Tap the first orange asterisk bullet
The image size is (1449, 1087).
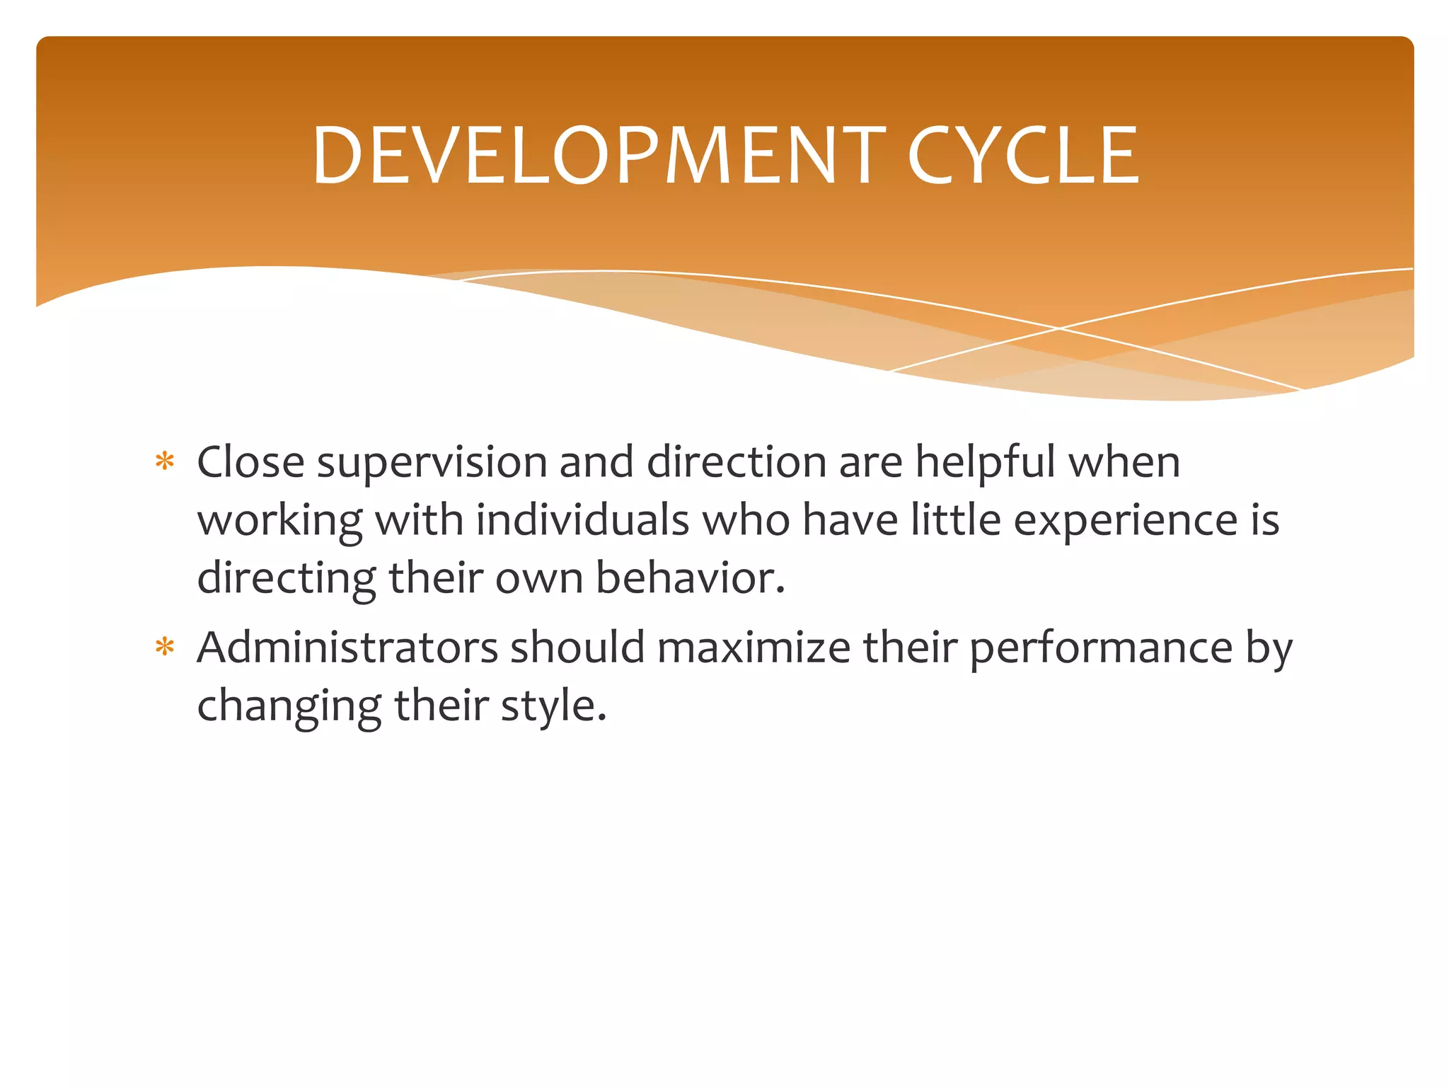click(x=165, y=462)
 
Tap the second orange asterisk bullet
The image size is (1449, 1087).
click(x=165, y=648)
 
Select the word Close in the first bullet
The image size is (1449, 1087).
click(x=250, y=462)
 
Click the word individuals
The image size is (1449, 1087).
click(x=582, y=520)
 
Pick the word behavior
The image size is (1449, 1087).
click(x=690, y=578)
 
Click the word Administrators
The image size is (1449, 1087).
click(x=347, y=648)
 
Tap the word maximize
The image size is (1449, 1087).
click(x=754, y=648)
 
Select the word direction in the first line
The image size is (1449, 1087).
click(x=737, y=462)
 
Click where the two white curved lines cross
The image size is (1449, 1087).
click(x=1059, y=328)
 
